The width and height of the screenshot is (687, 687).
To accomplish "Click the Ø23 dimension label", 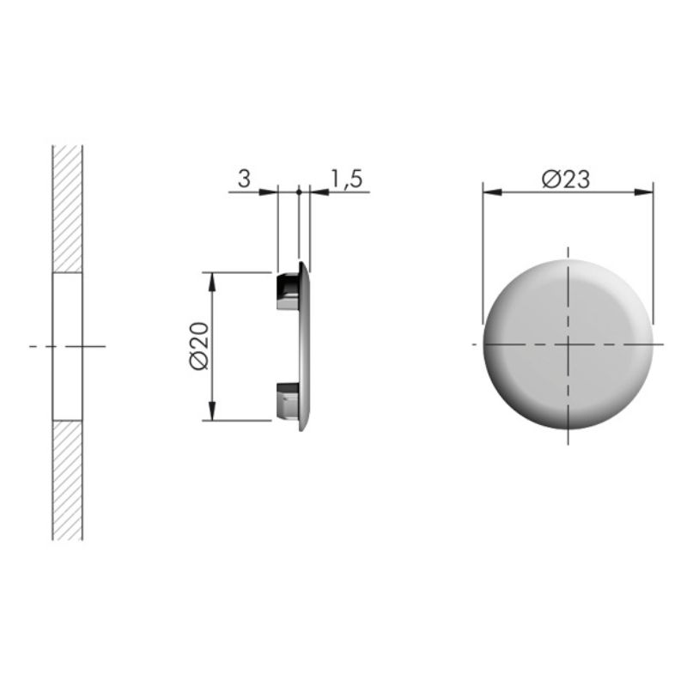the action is (x=566, y=179).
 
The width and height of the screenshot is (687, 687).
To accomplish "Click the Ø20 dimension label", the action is (x=199, y=346).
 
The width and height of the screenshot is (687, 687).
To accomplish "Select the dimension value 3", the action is (x=244, y=179).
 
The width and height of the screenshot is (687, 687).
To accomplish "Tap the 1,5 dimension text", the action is (x=346, y=179).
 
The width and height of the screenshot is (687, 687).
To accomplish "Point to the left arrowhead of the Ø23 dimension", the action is (x=492, y=192).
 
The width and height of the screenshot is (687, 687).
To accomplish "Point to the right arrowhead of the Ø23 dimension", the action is (x=643, y=192).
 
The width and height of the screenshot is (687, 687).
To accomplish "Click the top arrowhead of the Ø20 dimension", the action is (x=212, y=282).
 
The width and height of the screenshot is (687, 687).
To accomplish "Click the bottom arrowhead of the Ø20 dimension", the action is (x=212, y=411).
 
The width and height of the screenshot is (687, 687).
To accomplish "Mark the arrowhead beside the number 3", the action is (x=268, y=192).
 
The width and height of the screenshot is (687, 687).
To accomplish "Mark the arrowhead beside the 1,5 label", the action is (x=319, y=192).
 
